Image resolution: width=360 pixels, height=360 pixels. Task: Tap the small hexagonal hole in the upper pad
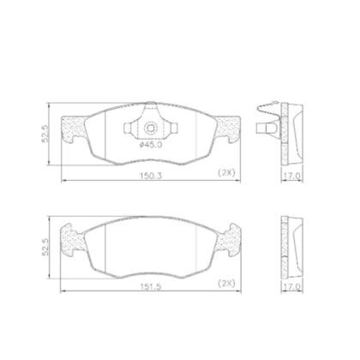[151, 129]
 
